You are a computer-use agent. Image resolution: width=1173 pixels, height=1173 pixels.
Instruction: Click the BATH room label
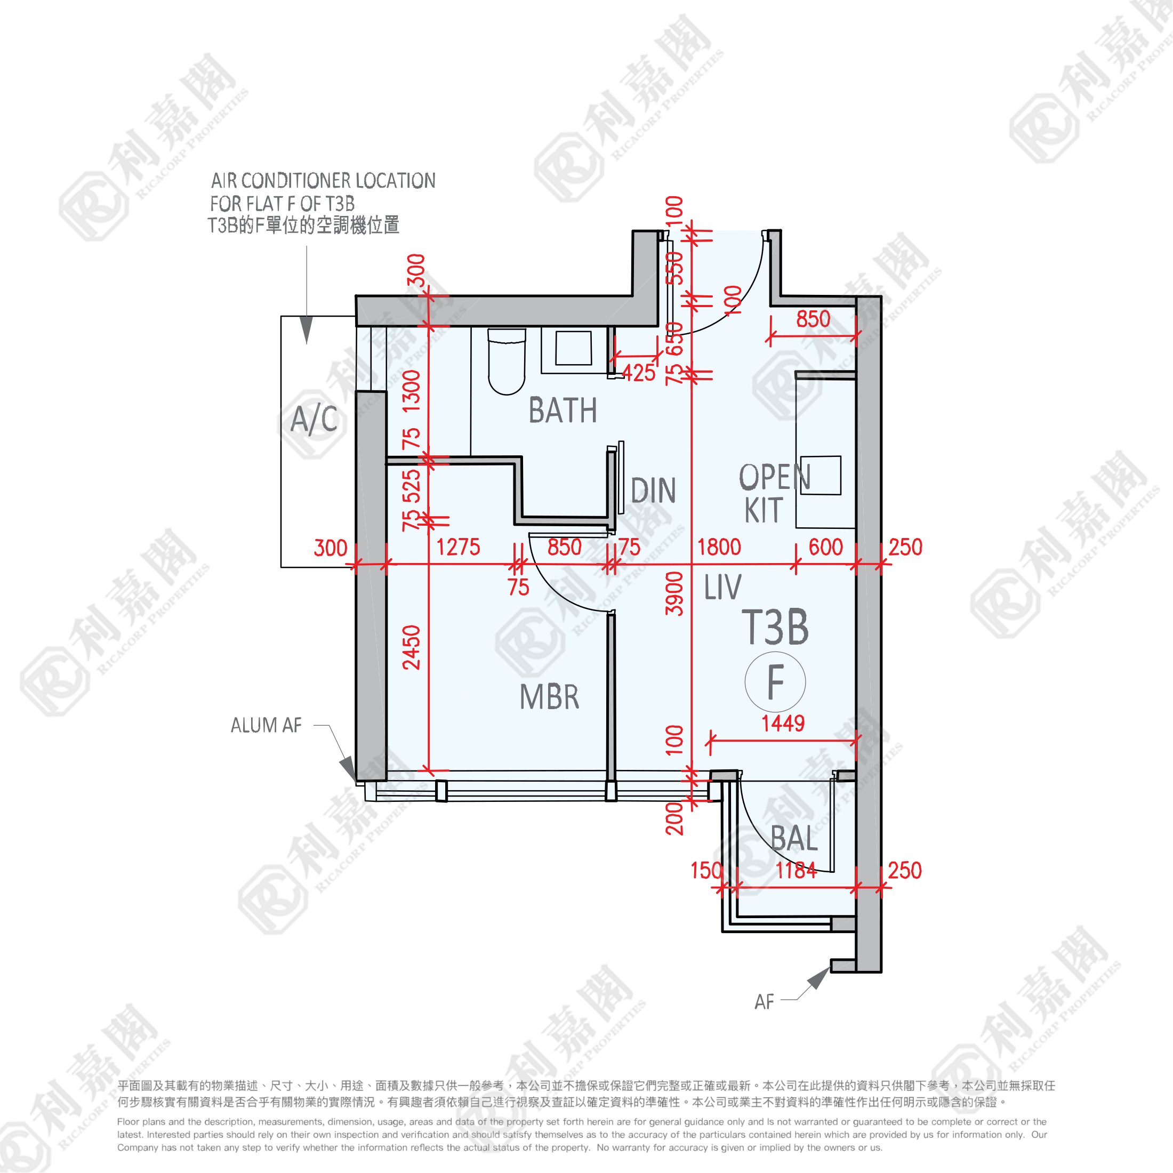pos(563,411)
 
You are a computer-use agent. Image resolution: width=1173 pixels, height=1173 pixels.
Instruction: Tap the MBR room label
pos(550,697)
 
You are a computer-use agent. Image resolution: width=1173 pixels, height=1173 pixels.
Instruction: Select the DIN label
pos(653,491)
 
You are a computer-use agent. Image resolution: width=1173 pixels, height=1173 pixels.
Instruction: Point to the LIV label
pos(722,587)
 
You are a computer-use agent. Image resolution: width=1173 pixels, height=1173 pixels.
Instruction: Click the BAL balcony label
pos(794,839)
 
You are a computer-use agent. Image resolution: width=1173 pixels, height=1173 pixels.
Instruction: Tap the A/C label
pos(314,420)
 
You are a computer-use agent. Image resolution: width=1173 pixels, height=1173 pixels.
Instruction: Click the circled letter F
pos(775,682)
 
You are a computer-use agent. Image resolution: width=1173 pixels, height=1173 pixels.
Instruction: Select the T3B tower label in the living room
pos(775,627)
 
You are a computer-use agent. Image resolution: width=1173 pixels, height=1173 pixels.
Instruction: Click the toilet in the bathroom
pos(507,362)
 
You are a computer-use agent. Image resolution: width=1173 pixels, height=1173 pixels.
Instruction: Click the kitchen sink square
pos(820,476)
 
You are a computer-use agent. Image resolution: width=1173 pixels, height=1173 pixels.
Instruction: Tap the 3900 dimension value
pos(674,593)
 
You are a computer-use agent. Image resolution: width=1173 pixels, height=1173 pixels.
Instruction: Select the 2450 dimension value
pos(412,647)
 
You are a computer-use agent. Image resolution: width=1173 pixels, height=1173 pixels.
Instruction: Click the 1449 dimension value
pos(783,723)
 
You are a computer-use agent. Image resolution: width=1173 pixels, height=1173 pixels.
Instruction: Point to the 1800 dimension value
pos(719,547)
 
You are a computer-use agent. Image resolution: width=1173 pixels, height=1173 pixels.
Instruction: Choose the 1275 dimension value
pos(459,547)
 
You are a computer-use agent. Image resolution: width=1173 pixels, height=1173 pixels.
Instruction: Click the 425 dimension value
pos(639,373)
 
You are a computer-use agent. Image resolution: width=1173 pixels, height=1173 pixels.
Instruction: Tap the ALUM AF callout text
pos(266,725)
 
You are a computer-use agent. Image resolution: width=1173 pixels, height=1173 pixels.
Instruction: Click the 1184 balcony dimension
pos(796,870)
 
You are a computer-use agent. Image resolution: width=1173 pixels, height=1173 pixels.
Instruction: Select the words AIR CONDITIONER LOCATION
pos(323,180)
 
